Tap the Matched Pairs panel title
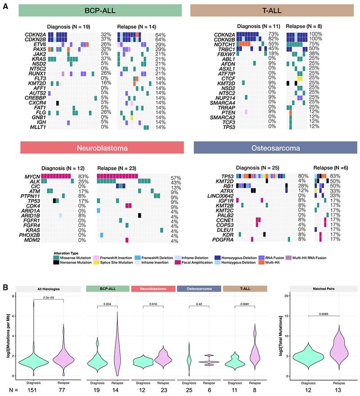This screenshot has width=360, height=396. pyautogui.click(x=321, y=288)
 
